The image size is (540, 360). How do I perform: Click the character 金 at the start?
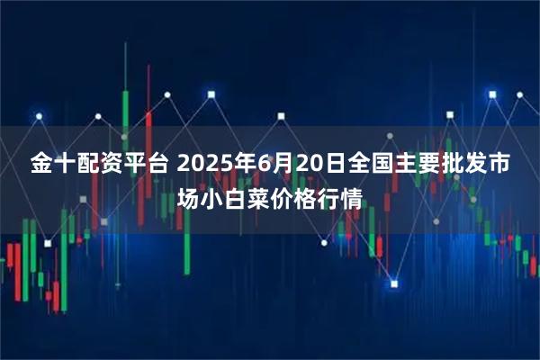[42, 166]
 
